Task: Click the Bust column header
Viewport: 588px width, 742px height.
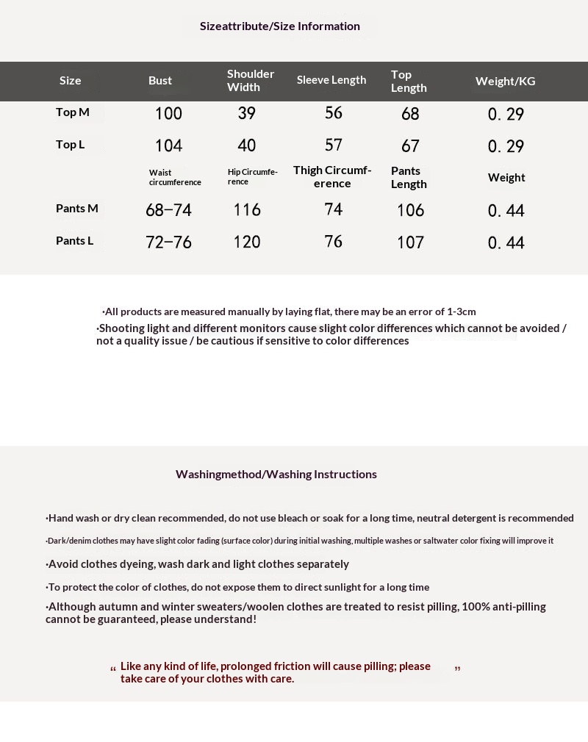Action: click(x=160, y=81)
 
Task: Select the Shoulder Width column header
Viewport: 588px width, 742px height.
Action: click(x=250, y=81)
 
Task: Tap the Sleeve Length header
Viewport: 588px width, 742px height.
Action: click(x=331, y=80)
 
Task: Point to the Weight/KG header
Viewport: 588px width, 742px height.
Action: click(x=505, y=81)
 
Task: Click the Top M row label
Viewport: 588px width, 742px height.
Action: click(x=73, y=112)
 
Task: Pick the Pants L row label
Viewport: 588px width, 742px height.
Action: click(x=75, y=241)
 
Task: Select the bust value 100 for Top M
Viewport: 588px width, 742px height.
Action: click(x=168, y=114)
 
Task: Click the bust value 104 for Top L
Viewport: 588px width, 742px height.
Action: click(x=168, y=146)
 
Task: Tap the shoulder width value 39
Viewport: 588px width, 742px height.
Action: click(x=247, y=113)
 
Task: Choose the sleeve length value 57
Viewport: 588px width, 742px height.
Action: click(x=334, y=145)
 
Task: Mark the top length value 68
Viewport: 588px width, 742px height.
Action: click(x=410, y=114)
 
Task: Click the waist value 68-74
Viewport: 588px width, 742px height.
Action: click(x=168, y=211)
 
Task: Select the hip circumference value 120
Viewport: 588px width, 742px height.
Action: click(x=247, y=242)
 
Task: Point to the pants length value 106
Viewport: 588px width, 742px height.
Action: click(x=410, y=211)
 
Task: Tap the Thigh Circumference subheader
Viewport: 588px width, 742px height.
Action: click(x=332, y=177)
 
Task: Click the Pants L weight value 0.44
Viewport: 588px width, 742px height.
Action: click(x=506, y=243)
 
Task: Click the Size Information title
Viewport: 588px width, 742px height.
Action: click(x=280, y=26)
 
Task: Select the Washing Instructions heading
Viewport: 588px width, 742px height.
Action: click(x=276, y=475)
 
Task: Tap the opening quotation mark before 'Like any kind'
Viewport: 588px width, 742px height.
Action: click(x=113, y=669)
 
